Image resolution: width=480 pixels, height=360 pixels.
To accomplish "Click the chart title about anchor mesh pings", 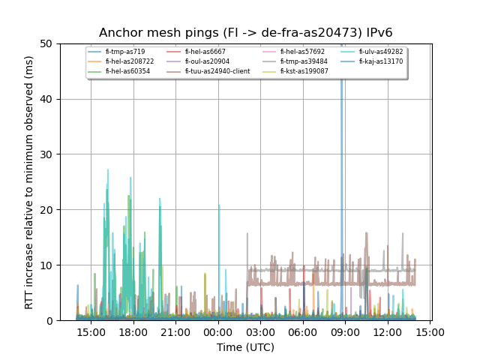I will click(x=246, y=33).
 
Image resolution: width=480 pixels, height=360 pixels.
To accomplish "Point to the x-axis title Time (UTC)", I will click(x=246, y=347).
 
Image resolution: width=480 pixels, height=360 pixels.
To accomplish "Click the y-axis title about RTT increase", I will click(x=29, y=181).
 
